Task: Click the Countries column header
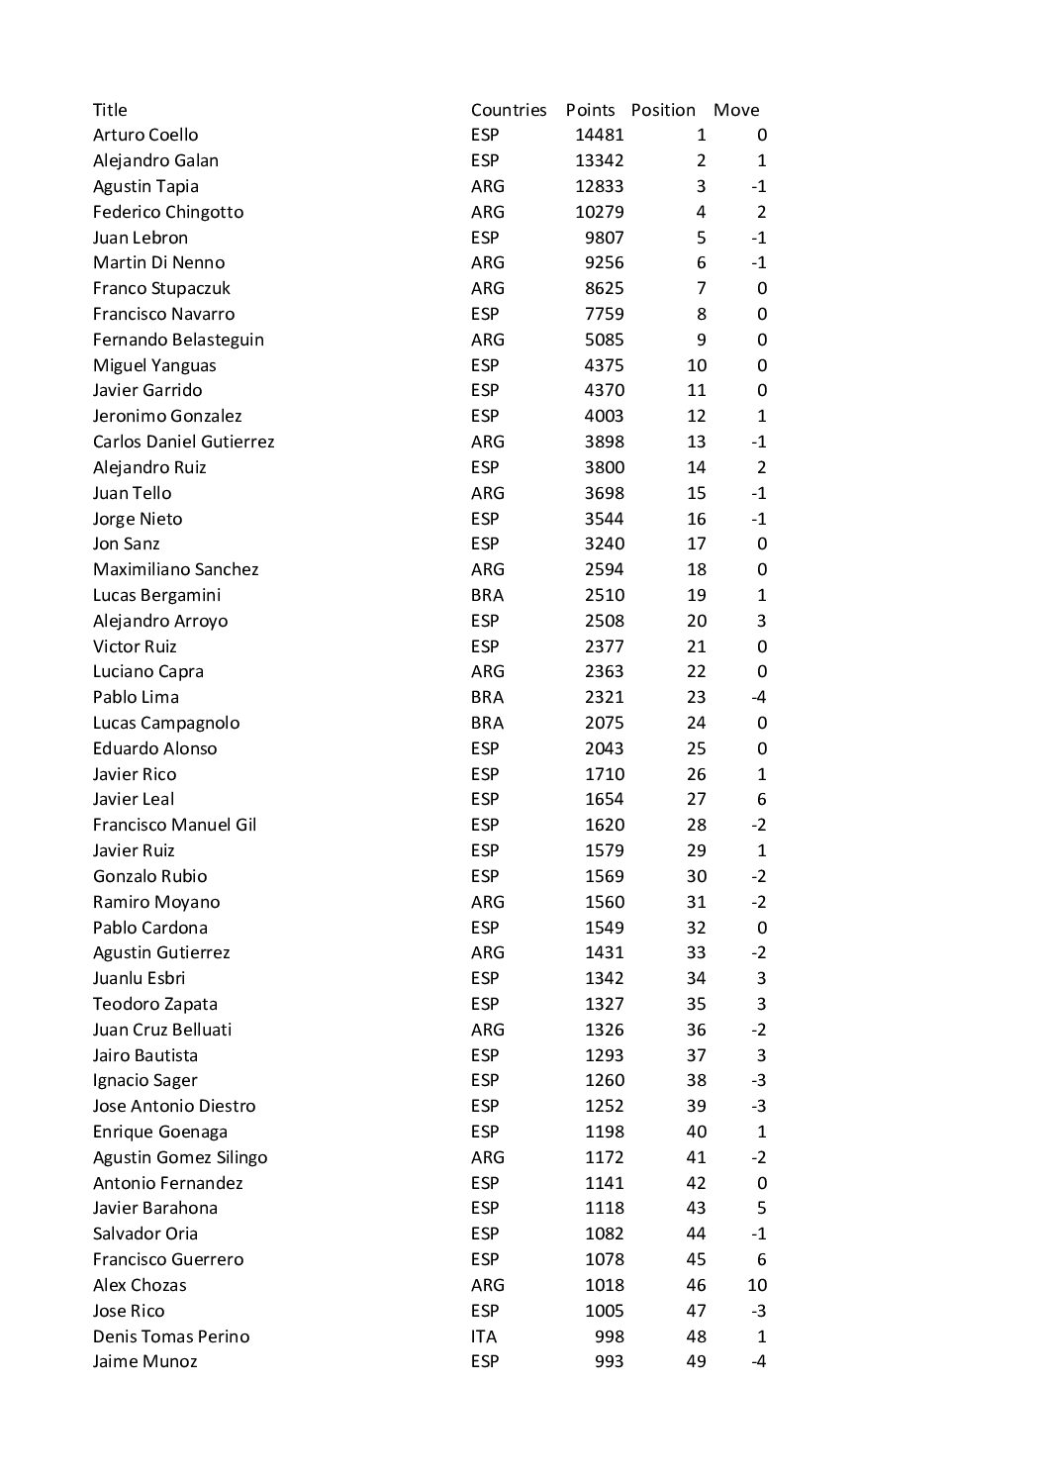[x=509, y=110]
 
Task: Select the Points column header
[x=590, y=110]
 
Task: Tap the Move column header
[x=736, y=110]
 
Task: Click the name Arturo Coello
[x=145, y=135]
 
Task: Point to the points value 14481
[x=600, y=135]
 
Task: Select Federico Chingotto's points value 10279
[x=600, y=212]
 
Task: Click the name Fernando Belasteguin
[x=178, y=340]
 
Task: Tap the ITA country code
[x=484, y=1336]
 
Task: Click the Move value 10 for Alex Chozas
[x=757, y=1285]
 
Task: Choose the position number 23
[x=697, y=697]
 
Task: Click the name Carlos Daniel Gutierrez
[x=183, y=442]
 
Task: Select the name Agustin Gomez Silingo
[x=180, y=1157]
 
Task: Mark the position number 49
[x=697, y=1361]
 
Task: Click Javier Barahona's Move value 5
[x=761, y=1208]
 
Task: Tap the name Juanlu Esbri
[x=139, y=978]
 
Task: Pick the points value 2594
[x=604, y=569]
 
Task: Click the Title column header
[x=110, y=110]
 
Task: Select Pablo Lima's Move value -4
[x=759, y=697]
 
